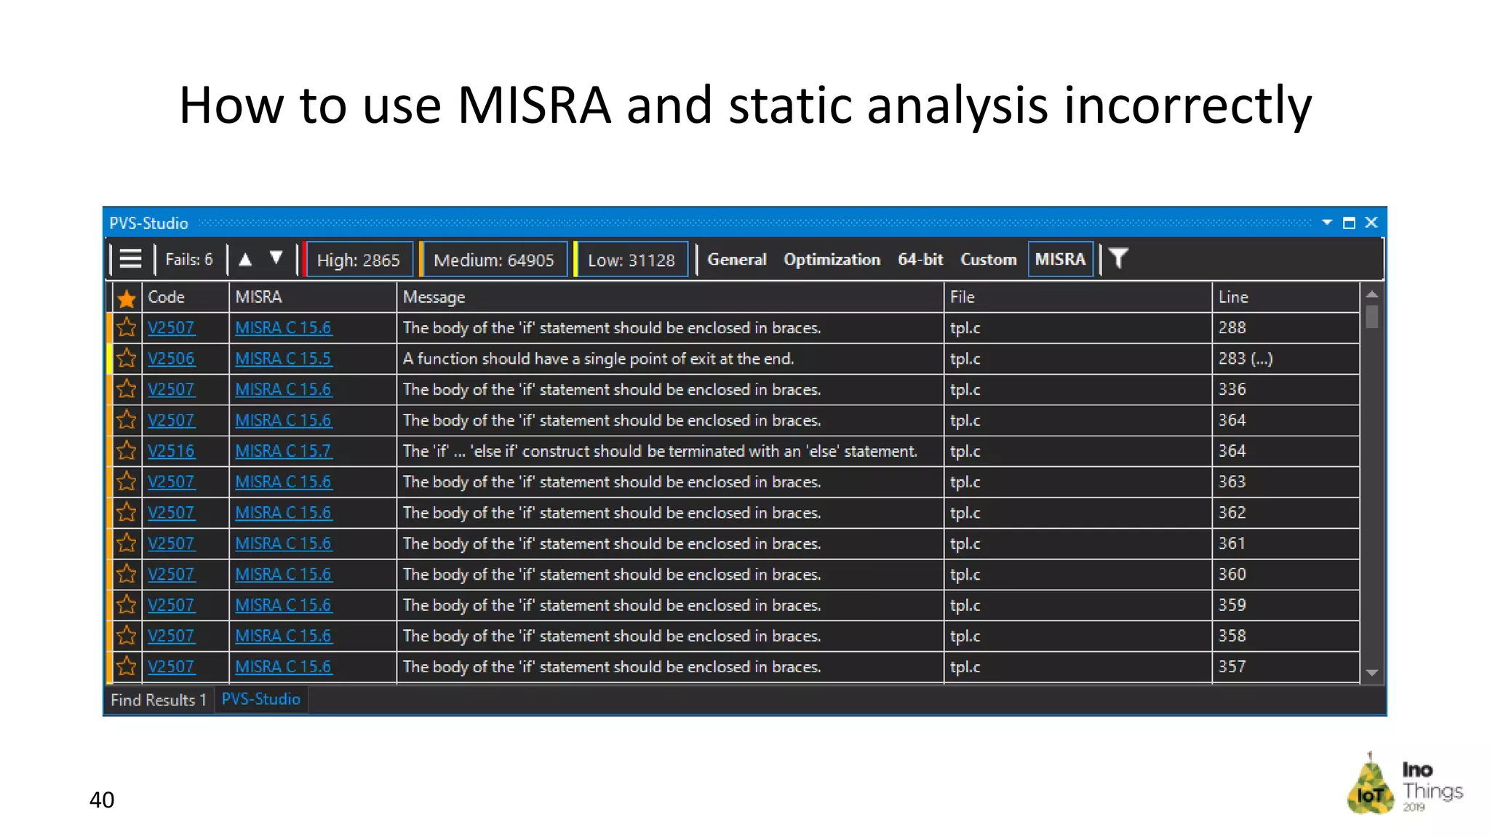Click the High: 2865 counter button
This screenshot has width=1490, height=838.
point(359,260)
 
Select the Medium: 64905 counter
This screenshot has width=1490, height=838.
point(493,260)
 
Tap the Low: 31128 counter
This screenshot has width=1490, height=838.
point(631,260)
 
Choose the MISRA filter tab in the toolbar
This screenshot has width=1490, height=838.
point(1060,259)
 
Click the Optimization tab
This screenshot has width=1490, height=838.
point(832,259)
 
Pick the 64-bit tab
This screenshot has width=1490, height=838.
point(920,259)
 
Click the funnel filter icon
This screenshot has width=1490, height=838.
point(1118,258)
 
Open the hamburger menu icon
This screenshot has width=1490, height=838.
point(130,259)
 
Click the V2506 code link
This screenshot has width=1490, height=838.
point(171,359)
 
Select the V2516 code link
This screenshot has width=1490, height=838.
point(171,451)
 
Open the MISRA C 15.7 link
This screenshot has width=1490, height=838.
point(283,451)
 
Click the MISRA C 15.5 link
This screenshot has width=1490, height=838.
point(283,359)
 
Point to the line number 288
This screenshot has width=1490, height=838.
point(1232,328)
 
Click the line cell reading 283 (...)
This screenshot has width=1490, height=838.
point(1245,359)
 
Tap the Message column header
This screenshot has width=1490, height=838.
point(434,297)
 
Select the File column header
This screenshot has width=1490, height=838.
point(962,297)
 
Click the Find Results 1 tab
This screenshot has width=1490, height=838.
point(159,700)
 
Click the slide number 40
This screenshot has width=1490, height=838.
point(102,799)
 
